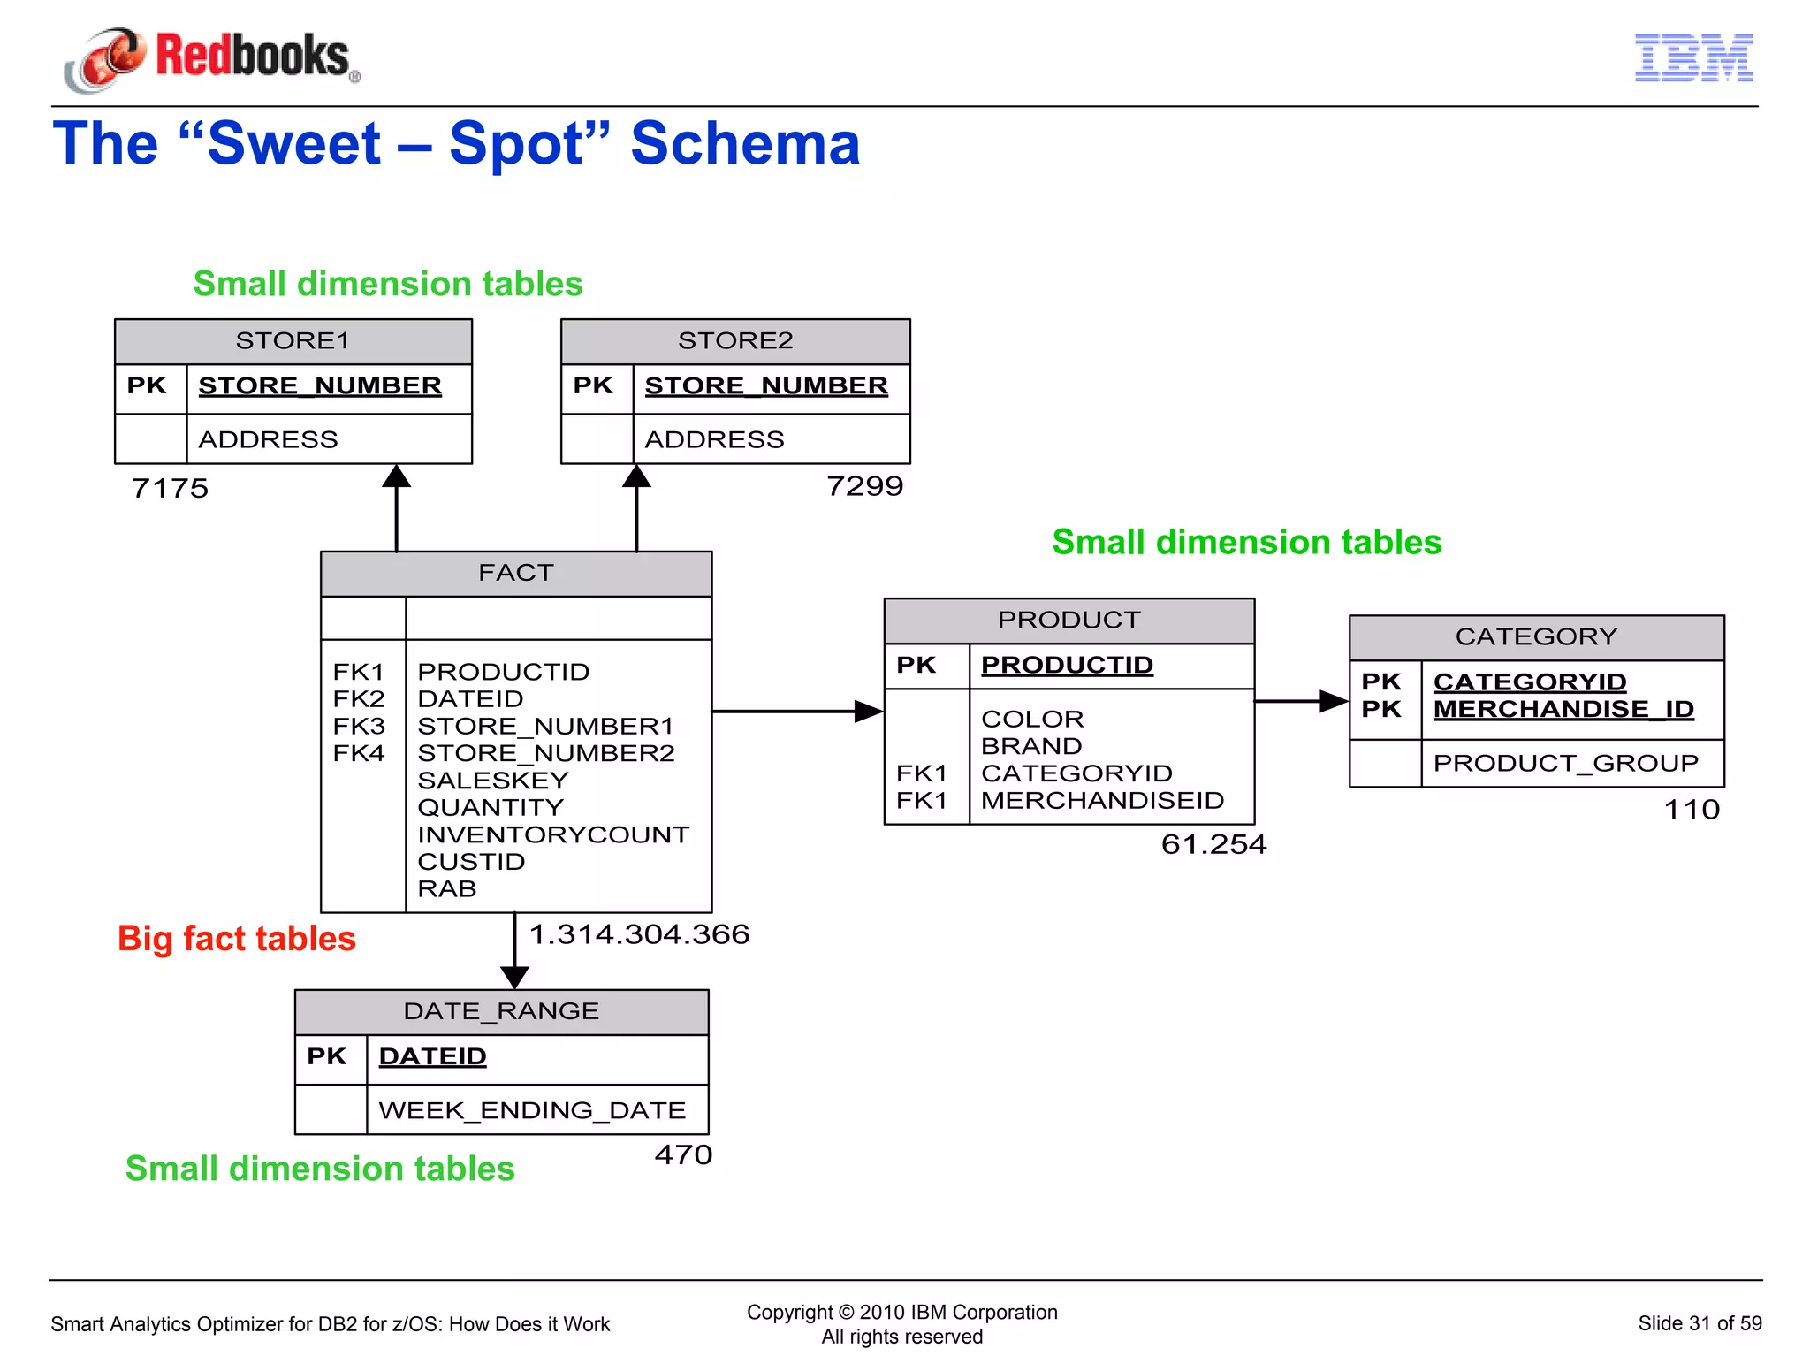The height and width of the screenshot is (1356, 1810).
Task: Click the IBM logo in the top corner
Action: pyautogui.click(x=1693, y=58)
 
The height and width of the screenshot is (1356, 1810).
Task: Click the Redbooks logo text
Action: pyautogui.click(x=253, y=56)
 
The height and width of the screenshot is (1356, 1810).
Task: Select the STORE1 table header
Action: pyautogui.click(x=293, y=341)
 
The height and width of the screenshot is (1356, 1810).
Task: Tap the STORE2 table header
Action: pyautogui.click(x=735, y=341)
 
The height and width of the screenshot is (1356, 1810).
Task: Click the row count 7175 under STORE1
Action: pyautogui.click(x=170, y=488)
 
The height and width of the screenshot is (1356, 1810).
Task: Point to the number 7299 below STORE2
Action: pyautogui.click(x=864, y=486)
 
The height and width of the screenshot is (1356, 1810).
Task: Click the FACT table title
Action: pyautogui.click(x=516, y=573)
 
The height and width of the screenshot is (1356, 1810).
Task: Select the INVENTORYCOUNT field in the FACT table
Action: pyautogui.click(x=553, y=834)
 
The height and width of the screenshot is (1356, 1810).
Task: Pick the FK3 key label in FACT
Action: pyautogui.click(x=359, y=726)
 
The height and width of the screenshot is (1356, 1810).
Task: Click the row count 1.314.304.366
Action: pyautogui.click(x=639, y=934)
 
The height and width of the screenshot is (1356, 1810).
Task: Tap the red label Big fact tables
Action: pyautogui.click(x=237, y=939)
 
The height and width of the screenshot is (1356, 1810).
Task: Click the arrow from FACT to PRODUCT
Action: pyautogui.click(x=795, y=711)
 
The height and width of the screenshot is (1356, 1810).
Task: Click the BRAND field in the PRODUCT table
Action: pyautogui.click(x=1030, y=746)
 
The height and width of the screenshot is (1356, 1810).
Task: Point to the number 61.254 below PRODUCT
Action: pyautogui.click(x=1213, y=844)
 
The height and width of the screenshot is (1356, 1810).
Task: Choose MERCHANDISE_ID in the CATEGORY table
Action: pyautogui.click(x=1563, y=709)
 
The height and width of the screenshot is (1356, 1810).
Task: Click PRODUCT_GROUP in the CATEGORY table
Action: pyautogui.click(x=1565, y=763)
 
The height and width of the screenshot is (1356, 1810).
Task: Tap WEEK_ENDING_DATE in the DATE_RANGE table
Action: pyautogui.click(x=532, y=1110)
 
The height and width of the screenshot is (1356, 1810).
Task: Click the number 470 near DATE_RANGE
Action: pyautogui.click(x=683, y=1154)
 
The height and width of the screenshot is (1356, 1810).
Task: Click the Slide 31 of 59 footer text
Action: pyautogui.click(x=1699, y=1323)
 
